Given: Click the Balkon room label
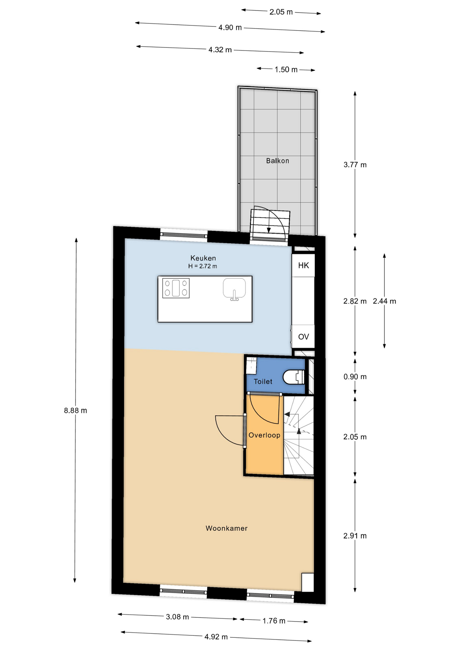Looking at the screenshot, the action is coord(277,161).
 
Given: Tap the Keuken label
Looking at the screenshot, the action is coord(203,258).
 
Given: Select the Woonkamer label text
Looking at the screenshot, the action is coord(227,528).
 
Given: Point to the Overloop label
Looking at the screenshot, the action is coord(265,435).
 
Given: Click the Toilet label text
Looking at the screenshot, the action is coord(263,381).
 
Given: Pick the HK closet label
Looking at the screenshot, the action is coord(304,265).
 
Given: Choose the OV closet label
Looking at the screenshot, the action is coord(304,337).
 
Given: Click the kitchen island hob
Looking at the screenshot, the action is coord(176,288).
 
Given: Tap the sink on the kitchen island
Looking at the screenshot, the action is coord(234,289).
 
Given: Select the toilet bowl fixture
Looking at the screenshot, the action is coord(293,377).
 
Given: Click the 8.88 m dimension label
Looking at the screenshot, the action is coord(76,411).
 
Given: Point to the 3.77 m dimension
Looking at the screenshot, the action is coord(355,165).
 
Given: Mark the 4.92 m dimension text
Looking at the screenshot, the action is coord(216,637).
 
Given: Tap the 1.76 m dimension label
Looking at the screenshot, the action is coord(274,621).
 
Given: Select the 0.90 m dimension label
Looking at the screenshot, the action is coord(355,377).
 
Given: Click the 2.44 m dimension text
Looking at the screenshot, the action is coord(384,301).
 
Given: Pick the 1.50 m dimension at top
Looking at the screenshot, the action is coord(286,70).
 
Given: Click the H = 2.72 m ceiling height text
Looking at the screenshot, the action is coord(203,267).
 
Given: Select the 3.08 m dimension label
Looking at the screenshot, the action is coord(177,617).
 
